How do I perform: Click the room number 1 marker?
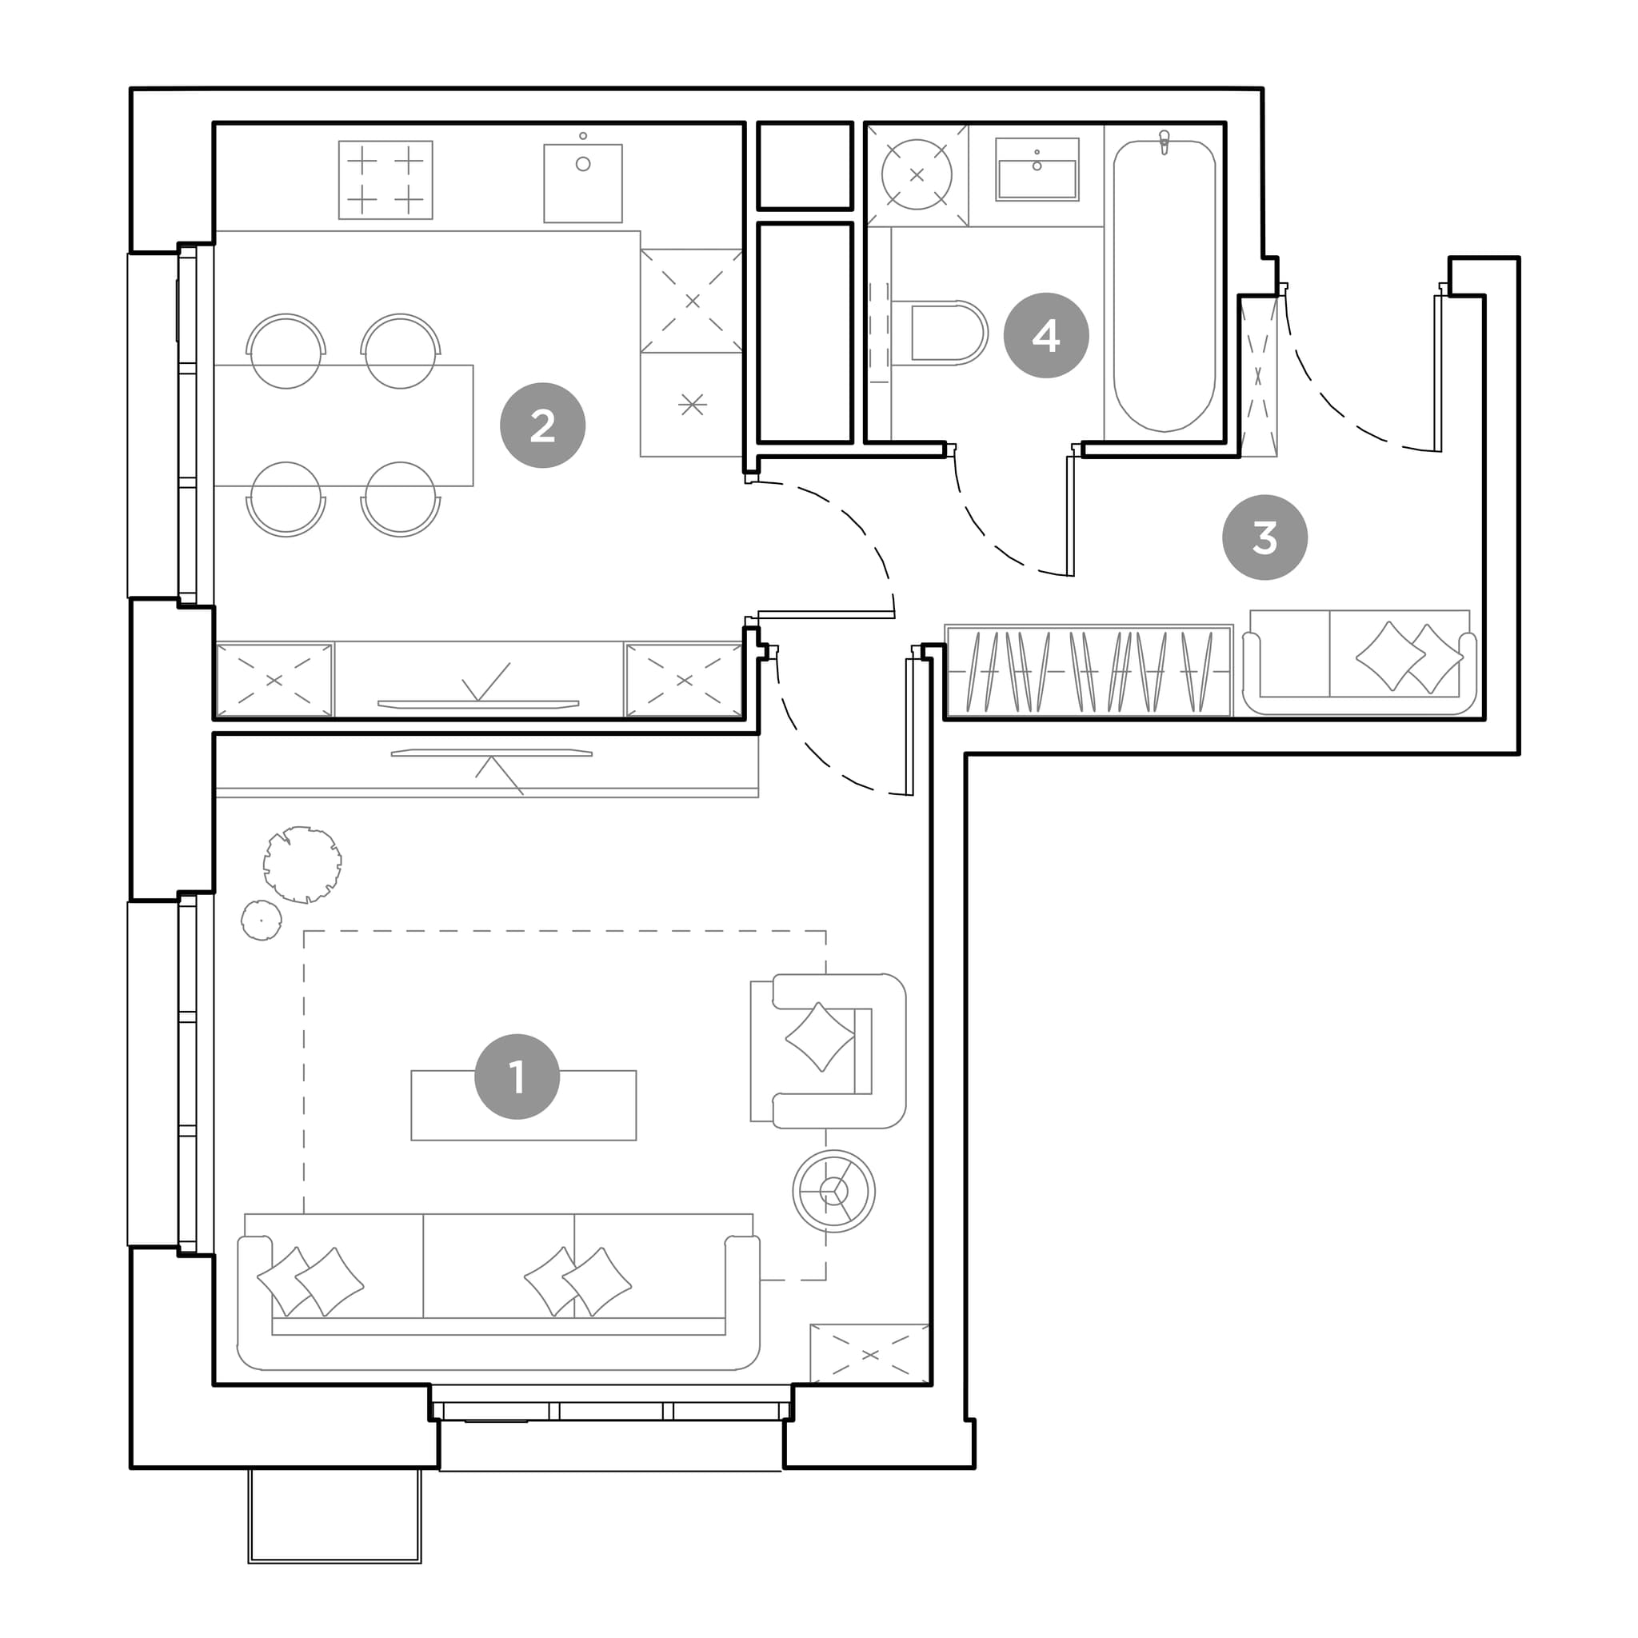point(517,1077)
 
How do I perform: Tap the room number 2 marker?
point(542,425)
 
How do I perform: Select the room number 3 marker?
point(1265,537)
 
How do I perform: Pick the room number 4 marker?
point(1046,336)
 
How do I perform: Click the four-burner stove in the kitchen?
point(386,180)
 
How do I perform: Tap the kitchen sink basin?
point(583,182)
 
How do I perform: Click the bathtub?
point(1164,286)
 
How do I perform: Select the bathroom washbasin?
point(1037,170)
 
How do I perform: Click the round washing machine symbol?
point(917,174)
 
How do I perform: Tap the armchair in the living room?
point(829,1050)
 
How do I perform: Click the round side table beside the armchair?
point(834,1191)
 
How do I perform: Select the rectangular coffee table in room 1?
point(524,1105)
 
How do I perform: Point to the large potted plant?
point(302,865)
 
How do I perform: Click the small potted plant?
point(261,920)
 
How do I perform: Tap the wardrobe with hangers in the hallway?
point(1088,670)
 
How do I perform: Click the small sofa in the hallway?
point(1359,662)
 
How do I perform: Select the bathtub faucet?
point(1164,142)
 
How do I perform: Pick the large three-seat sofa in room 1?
point(498,1290)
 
